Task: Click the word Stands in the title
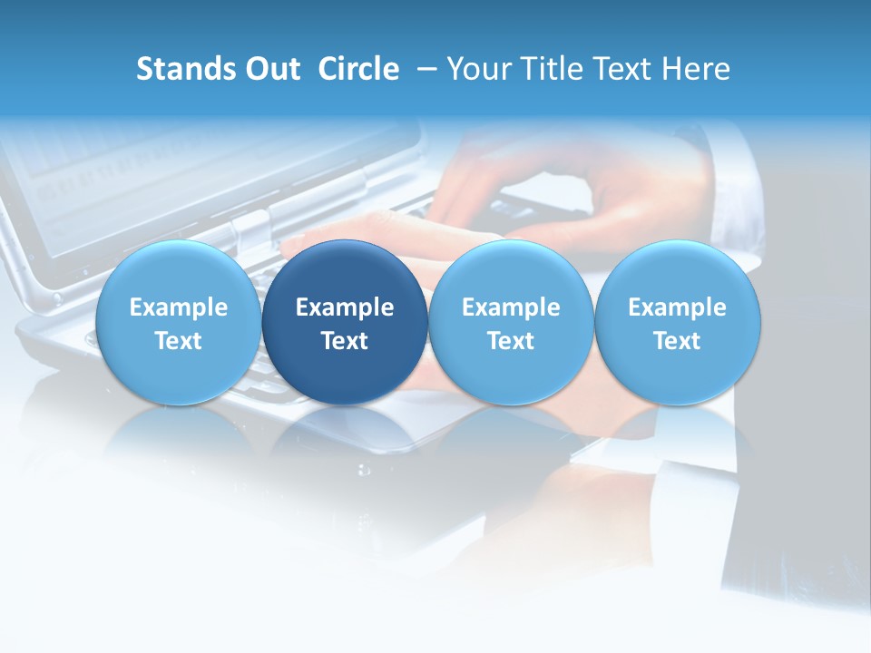(x=186, y=69)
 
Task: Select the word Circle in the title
(x=358, y=69)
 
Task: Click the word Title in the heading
(x=553, y=69)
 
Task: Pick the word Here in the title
(x=697, y=69)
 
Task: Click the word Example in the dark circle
(x=345, y=307)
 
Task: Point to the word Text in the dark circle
(x=345, y=341)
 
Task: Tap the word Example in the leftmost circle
(x=179, y=307)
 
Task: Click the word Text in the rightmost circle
(x=677, y=341)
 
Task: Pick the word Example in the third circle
(x=511, y=307)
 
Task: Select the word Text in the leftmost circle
(x=179, y=341)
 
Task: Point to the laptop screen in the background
(x=109, y=172)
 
